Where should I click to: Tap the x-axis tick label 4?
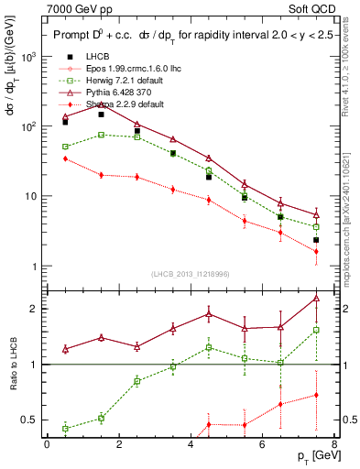pyautogui.click(x=191, y=444)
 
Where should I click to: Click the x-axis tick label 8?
pyautogui.click(x=334, y=444)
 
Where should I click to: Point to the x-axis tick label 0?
pyautogui.click(x=47, y=444)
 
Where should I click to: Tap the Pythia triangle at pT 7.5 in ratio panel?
pyautogui.click(x=316, y=299)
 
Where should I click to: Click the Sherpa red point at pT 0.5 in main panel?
pyautogui.click(x=65, y=158)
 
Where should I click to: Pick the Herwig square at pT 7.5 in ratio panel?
pyautogui.click(x=316, y=330)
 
